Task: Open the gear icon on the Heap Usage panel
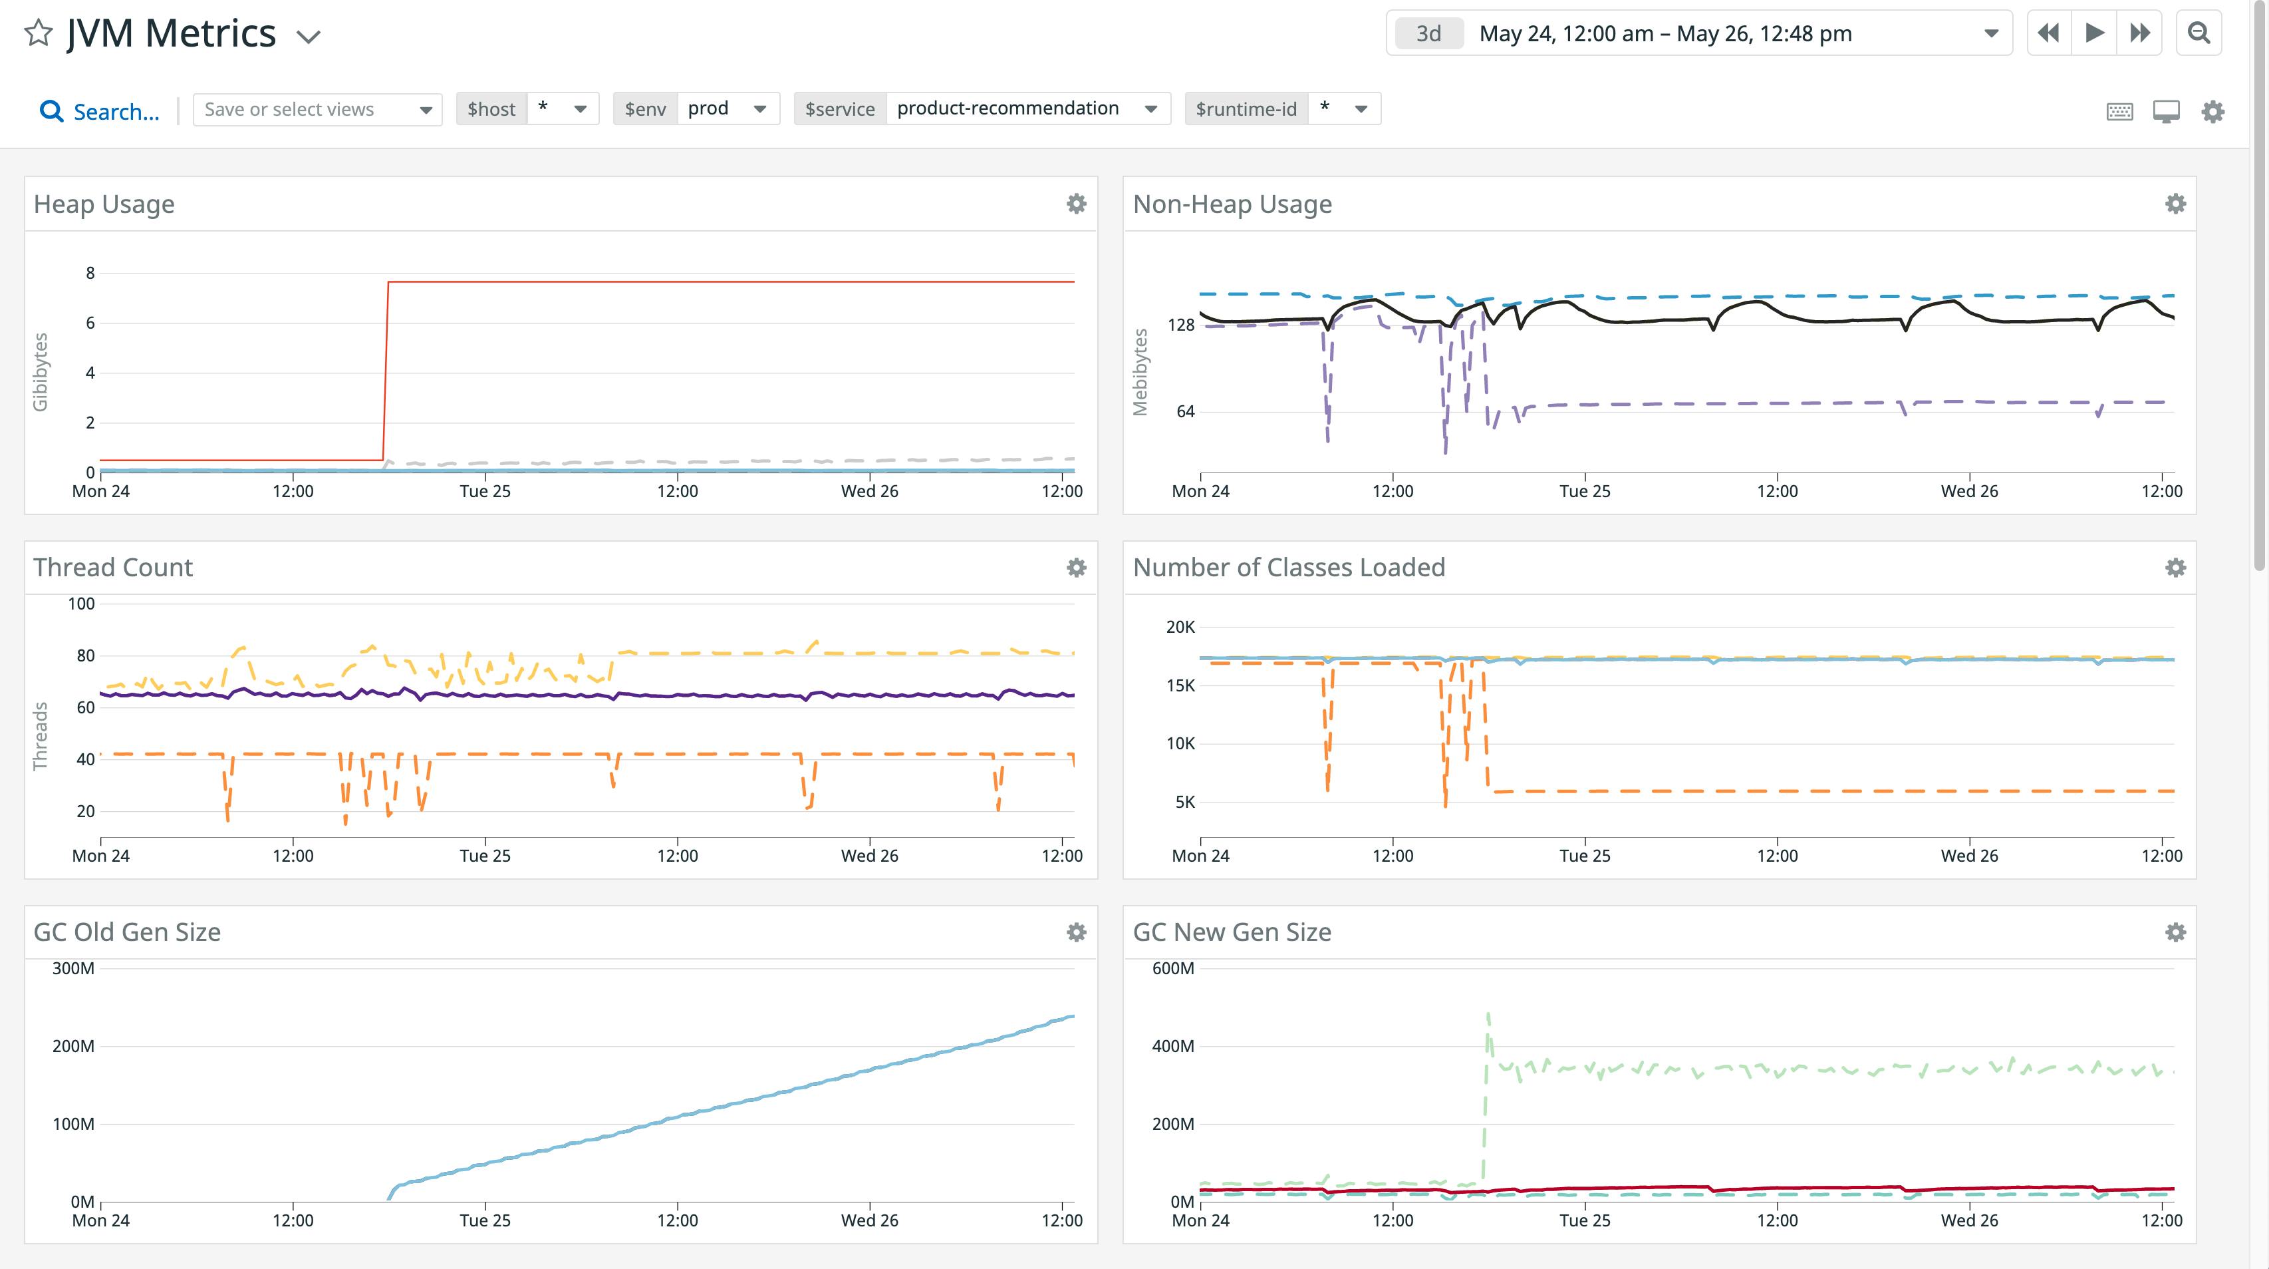click(x=1075, y=204)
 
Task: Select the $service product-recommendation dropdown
click(x=1025, y=108)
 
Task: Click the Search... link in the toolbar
click(x=100, y=112)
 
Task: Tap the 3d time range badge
click(x=1428, y=33)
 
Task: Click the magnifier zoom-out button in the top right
click(x=2199, y=33)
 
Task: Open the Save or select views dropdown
click(x=317, y=109)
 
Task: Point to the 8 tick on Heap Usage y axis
click(x=90, y=273)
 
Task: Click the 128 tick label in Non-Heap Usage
click(x=1180, y=325)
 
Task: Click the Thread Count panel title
click(x=113, y=568)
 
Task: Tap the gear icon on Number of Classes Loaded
click(x=2175, y=568)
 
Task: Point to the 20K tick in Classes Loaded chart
click(x=1180, y=628)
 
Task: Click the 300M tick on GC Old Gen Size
click(x=73, y=968)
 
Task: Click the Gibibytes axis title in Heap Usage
click(x=41, y=372)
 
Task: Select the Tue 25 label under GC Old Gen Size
click(x=484, y=1220)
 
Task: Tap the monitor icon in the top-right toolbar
click(x=2166, y=112)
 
